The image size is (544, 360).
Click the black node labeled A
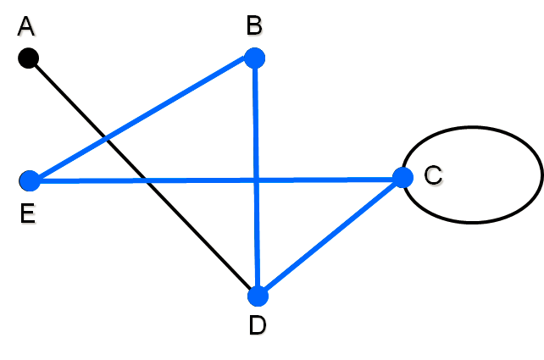tap(28, 58)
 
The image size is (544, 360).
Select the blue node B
tap(255, 58)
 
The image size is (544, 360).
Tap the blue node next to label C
tap(402, 178)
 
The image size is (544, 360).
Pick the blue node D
tap(258, 296)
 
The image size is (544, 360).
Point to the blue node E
tap(30, 180)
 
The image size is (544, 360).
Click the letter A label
tap(26, 26)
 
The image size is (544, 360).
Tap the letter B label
tap(254, 25)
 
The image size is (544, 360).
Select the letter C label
tap(433, 174)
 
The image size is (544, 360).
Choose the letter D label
tap(258, 325)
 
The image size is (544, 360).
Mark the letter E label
tap(28, 213)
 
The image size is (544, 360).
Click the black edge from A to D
tap(143, 177)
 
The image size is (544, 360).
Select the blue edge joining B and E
tap(142, 119)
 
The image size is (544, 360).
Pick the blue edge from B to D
tap(257, 177)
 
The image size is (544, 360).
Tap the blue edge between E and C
tap(216, 180)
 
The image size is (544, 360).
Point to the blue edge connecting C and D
tap(330, 237)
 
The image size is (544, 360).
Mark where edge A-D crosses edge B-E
tap(106, 140)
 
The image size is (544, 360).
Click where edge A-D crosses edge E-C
tap(146, 180)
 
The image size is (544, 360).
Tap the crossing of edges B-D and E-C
tap(257, 180)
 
